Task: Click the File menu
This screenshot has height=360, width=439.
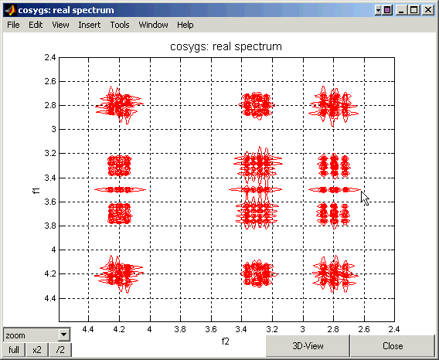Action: coord(13,25)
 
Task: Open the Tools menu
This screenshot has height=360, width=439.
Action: coord(120,25)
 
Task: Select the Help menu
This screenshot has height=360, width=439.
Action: coord(185,25)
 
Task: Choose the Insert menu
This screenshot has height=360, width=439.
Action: coord(90,25)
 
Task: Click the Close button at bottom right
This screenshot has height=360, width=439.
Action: coord(393,346)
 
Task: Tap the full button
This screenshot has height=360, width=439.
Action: coord(14,350)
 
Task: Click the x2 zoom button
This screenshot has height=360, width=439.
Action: coord(37,350)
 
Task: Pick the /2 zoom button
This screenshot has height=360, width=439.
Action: coord(60,350)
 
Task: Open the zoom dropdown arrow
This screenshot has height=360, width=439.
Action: coord(64,335)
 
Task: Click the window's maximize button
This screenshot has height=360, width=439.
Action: coord(414,10)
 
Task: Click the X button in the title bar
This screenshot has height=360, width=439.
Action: coord(428,10)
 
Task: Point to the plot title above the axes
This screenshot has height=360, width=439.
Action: coord(226,46)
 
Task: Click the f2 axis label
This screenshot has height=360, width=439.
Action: coord(226,341)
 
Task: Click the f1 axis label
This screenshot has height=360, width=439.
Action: coord(36,191)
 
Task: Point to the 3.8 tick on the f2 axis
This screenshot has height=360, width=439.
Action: coord(180,329)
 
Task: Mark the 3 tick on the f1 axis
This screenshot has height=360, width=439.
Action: coord(54,129)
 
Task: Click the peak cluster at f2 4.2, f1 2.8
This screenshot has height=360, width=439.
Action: coord(119,105)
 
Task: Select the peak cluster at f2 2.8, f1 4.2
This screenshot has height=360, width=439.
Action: coord(334,274)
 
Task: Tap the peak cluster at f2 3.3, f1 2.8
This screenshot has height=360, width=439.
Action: coord(257,106)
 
